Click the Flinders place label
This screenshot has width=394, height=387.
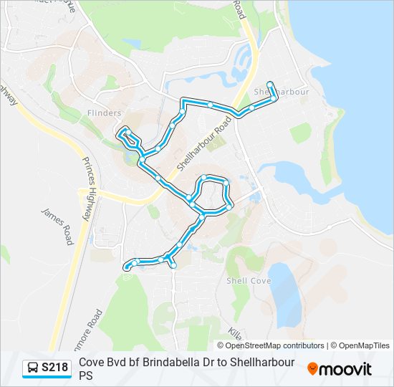pos(104,113)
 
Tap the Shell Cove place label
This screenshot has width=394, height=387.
pos(249,281)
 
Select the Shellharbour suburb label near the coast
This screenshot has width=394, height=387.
pos(282,92)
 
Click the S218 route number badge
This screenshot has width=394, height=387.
pos(55,368)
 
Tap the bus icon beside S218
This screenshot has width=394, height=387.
pos(32,368)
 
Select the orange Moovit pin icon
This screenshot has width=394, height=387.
pos(312,368)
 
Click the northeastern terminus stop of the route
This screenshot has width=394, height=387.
pos(270,82)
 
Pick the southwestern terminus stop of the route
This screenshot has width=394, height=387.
pos(128,267)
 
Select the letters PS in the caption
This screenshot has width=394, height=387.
pos(86,375)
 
